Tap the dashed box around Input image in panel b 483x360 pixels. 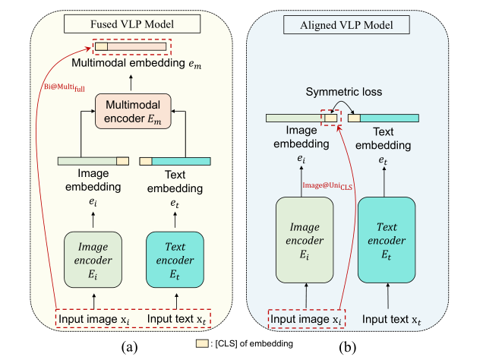[x=305, y=317]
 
